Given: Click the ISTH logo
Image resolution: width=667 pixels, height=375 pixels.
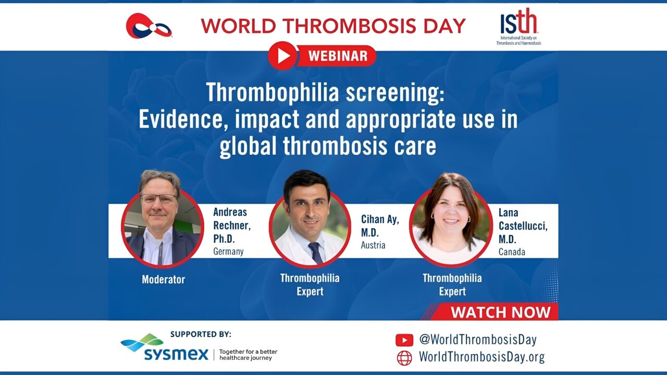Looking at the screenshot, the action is (518, 26).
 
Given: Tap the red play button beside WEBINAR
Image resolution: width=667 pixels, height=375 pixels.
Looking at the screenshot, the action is (282, 56).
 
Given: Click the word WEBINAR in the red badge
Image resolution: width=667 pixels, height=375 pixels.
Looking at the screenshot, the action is (338, 56).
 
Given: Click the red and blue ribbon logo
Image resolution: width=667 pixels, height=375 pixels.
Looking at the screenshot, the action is (149, 26).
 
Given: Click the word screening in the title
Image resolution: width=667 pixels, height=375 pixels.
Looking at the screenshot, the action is (395, 93).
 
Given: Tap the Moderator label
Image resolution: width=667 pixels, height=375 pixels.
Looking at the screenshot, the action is (164, 280).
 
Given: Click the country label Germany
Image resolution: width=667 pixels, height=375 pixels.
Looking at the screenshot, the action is (228, 252).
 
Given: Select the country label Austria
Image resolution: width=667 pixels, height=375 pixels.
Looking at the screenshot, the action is (373, 245).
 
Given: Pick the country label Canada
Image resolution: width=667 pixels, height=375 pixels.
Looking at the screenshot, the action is (512, 252).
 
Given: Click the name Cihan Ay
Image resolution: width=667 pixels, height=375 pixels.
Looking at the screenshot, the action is (380, 219).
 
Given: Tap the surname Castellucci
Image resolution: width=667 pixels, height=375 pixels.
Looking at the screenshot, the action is (523, 226).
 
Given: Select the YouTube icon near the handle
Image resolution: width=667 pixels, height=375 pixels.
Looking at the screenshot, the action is (404, 340).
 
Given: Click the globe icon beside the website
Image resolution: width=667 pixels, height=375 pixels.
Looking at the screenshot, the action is (404, 358).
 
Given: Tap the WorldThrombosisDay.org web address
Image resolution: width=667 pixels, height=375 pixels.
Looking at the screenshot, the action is (482, 357).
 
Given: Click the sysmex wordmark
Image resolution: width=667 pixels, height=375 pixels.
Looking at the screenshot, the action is (176, 354).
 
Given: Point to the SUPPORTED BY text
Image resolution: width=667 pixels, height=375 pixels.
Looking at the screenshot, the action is (201, 334).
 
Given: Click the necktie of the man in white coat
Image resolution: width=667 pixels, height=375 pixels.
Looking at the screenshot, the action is (315, 253).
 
